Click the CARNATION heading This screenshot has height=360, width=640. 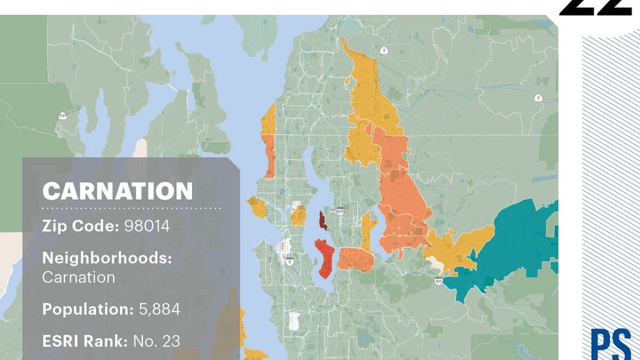(x=117, y=191)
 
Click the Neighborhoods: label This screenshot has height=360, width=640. (x=107, y=258)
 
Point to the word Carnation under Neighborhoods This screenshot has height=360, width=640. (x=78, y=277)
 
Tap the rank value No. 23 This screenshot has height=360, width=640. (x=156, y=341)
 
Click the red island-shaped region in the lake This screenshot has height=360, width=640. (x=324, y=258)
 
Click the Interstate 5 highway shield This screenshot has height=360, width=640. (x=290, y=261)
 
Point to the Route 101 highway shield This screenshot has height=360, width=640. (x=63, y=115)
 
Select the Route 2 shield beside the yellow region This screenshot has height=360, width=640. (x=383, y=51)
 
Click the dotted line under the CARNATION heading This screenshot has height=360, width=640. (x=132, y=208)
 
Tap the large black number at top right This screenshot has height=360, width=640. (x=596, y=7)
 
